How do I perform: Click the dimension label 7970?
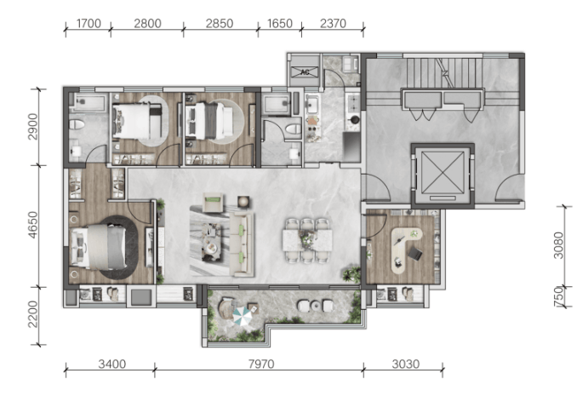(261, 364)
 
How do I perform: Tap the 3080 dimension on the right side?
(558, 245)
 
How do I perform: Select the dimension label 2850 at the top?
(220, 23)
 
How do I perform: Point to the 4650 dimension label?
(33, 225)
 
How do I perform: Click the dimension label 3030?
(405, 364)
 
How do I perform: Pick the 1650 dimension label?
(280, 23)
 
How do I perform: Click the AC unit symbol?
(305, 72)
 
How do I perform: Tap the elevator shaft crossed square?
(442, 172)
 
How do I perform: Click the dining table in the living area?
(307, 240)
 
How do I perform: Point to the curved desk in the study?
(404, 248)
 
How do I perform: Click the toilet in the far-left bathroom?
(77, 124)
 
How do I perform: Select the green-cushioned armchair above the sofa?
(213, 203)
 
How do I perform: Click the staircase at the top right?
(443, 72)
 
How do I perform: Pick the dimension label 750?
(558, 296)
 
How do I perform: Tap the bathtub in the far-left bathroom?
(89, 102)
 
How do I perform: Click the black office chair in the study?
(415, 254)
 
